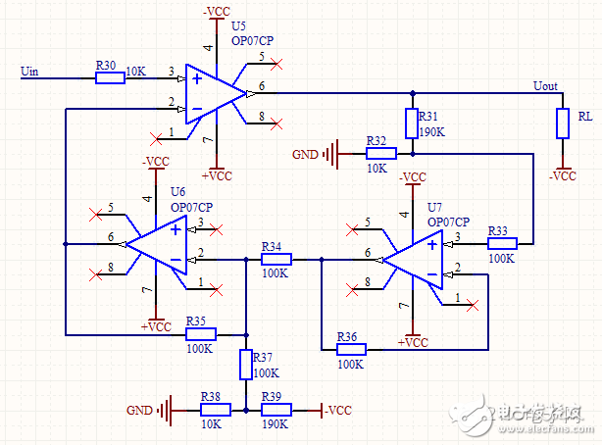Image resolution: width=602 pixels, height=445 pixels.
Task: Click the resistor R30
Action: click(x=110, y=77)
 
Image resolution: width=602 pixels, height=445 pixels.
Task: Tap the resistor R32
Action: click(x=381, y=153)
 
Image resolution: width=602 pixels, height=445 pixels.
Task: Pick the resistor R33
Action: click(x=501, y=243)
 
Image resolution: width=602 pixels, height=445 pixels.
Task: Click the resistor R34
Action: click(x=276, y=260)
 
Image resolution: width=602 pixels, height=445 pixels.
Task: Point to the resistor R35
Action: click(x=201, y=333)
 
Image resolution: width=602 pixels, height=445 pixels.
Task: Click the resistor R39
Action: click(x=276, y=409)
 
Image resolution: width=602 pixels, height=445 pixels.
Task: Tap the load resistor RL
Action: click(x=562, y=123)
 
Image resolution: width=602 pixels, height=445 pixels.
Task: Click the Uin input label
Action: click(x=30, y=71)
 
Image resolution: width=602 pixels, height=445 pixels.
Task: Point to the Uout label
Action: click(x=545, y=85)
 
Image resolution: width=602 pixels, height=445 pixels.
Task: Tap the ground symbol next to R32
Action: click(x=335, y=153)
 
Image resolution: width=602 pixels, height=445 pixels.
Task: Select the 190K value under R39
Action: click(x=276, y=424)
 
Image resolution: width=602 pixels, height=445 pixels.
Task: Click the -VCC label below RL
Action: click(x=563, y=176)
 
